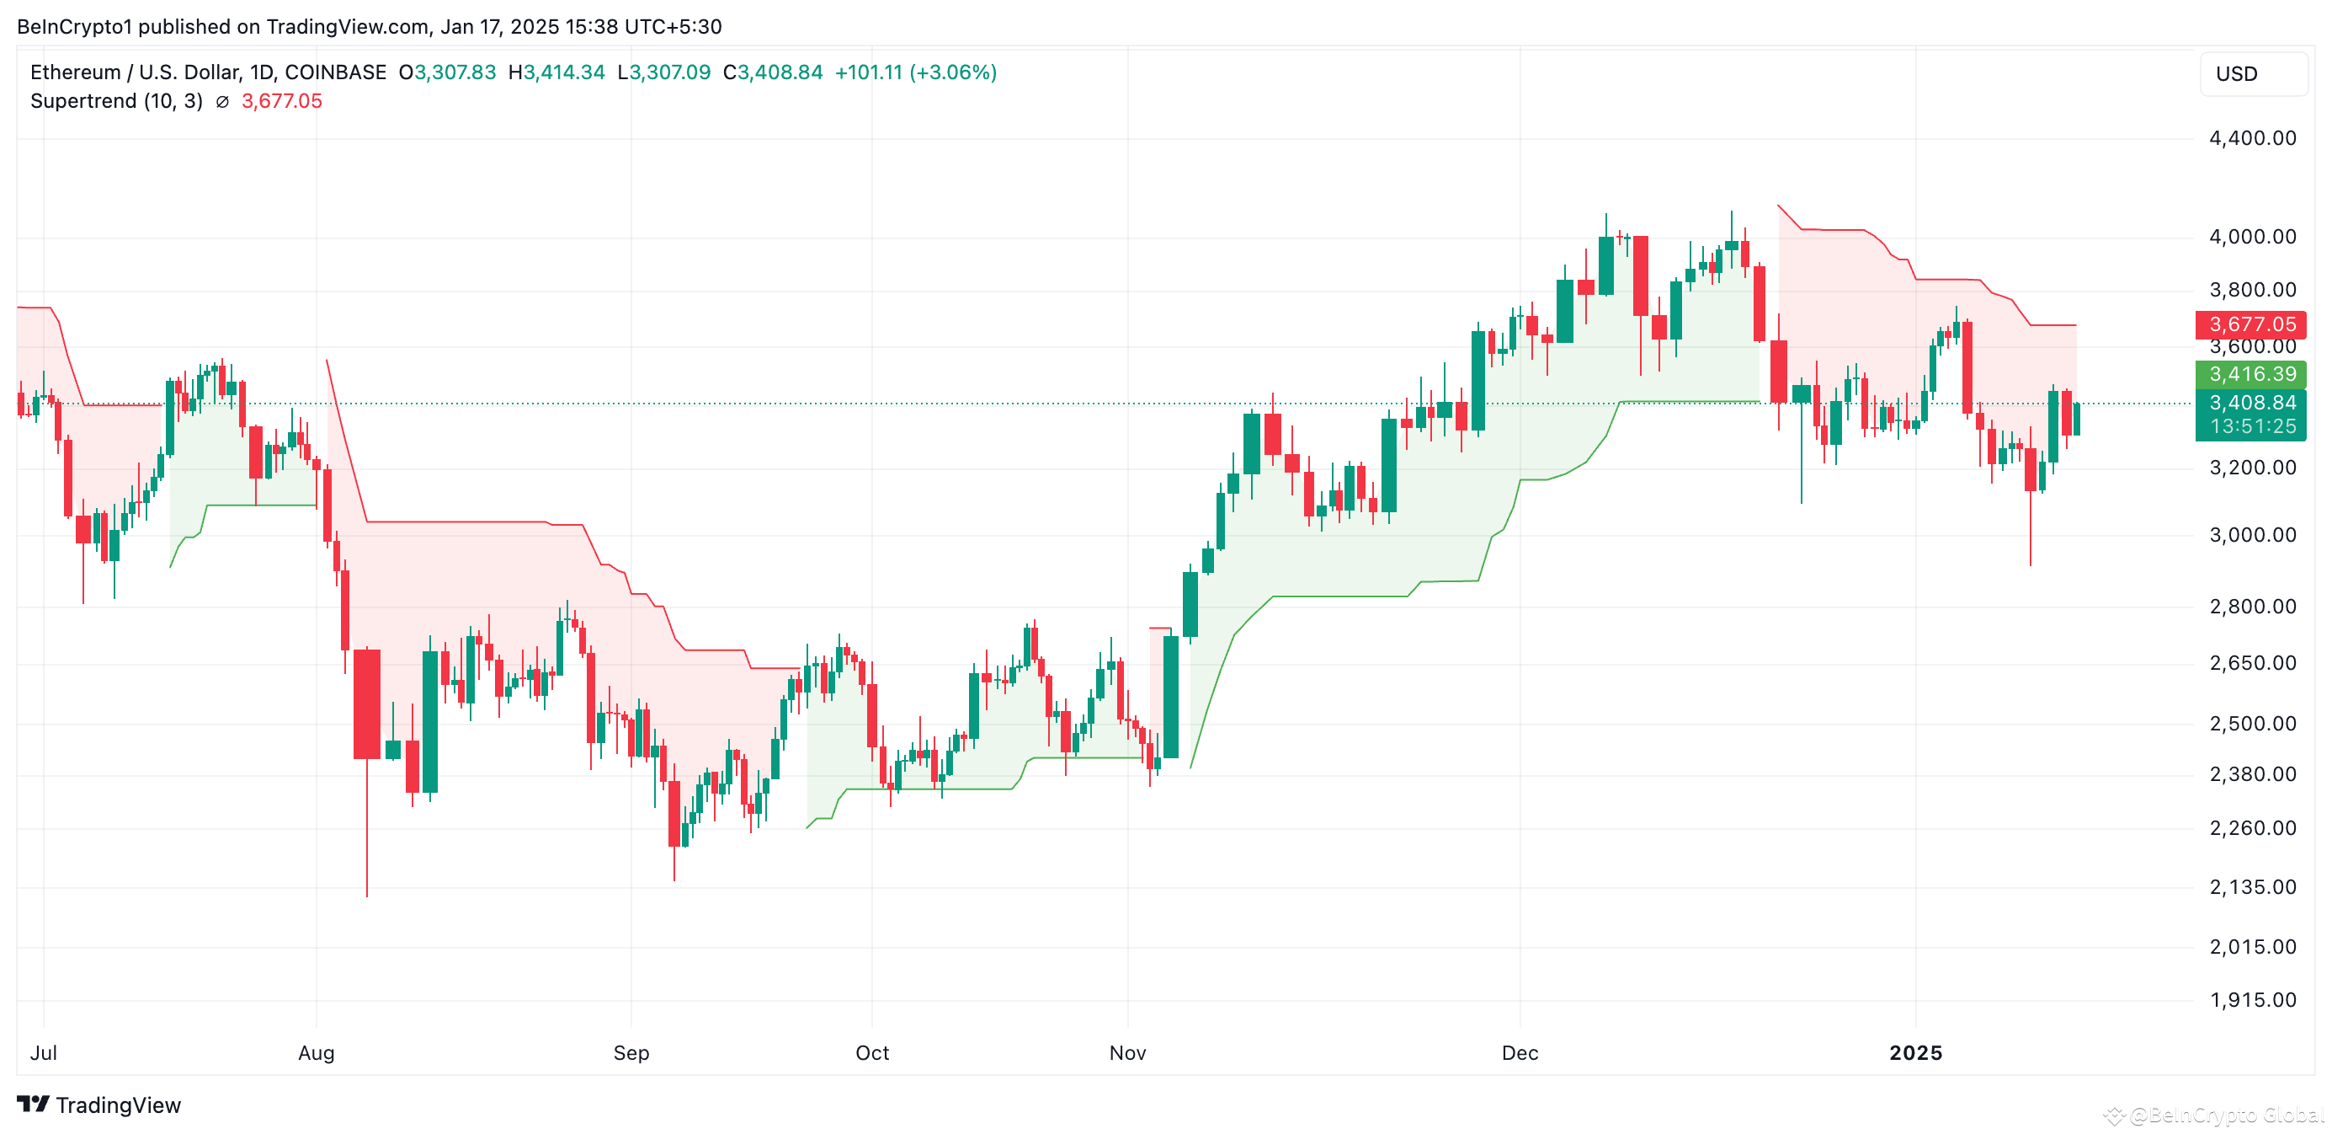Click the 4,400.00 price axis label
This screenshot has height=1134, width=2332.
pyautogui.click(x=2251, y=138)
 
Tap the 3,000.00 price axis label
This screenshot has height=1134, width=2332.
pyautogui.click(x=2251, y=535)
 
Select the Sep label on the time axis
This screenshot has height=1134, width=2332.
pyautogui.click(x=631, y=1052)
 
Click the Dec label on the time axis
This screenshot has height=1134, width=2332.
pyautogui.click(x=1519, y=1052)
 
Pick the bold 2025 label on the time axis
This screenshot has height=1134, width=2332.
pyautogui.click(x=1914, y=1052)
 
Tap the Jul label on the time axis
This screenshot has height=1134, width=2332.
pyautogui.click(x=44, y=1052)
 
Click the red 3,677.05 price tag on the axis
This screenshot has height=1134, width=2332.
pyautogui.click(x=2250, y=324)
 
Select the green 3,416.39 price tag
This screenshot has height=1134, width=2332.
pyautogui.click(x=2250, y=374)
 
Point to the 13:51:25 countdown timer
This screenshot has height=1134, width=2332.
pyautogui.click(x=2252, y=426)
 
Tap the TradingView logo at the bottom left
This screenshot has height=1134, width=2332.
pyautogui.click(x=99, y=1105)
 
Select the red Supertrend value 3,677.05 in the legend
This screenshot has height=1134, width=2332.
pyautogui.click(x=281, y=101)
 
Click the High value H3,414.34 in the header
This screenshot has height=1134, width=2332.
pyautogui.click(x=556, y=72)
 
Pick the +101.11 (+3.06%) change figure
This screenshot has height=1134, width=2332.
pyautogui.click(x=914, y=72)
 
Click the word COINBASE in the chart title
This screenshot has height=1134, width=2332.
pyautogui.click(x=335, y=72)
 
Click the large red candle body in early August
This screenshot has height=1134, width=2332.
pyautogui.click(x=367, y=703)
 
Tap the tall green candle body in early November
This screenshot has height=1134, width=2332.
pyautogui.click(x=1170, y=697)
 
